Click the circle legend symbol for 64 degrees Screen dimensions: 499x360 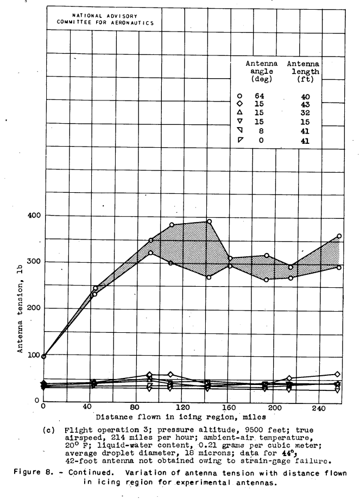pyautogui.click(x=247, y=97)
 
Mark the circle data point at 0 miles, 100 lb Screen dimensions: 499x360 pyautogui.click(x=43, y=356)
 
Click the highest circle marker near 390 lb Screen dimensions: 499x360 pyautogui.click(x=209, y=222)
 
